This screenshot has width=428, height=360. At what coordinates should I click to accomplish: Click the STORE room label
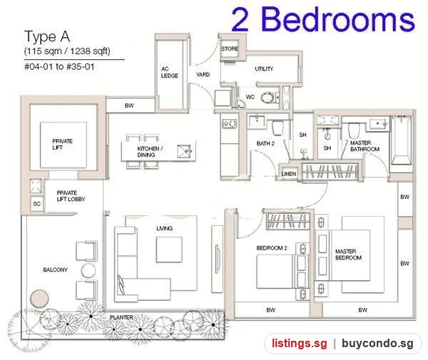pos(230,48)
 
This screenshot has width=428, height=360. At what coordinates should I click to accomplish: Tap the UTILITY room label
pos(264,68)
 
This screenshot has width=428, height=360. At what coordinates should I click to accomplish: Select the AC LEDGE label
pos(170,72)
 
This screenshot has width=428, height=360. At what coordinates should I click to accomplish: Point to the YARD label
pos(203,74)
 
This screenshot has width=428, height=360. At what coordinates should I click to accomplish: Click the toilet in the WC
pos(268,98)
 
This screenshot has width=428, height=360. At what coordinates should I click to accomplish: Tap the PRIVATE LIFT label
pos(63,144)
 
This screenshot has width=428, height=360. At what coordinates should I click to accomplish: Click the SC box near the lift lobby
pos(37,204)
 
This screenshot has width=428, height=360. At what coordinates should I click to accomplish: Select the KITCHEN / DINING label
pos(150,152)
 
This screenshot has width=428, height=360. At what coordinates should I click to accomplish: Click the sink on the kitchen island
pos(185,151)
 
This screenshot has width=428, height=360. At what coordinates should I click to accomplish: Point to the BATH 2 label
pos(265,143)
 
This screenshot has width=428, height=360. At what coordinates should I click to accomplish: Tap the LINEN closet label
pos(288,174)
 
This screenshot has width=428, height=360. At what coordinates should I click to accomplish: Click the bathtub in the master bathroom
pos(401,140)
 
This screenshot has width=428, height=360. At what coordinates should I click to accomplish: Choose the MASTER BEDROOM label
pos(349,254)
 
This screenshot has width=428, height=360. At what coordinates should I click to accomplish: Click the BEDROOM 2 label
pos(272,248)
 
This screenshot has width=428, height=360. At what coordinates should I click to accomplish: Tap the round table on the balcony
pos(88,271)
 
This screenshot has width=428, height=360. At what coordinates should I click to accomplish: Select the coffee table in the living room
pos(169,250)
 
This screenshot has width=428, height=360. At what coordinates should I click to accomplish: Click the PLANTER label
pos(121,317)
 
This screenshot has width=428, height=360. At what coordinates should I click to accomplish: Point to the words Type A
pos(47,37)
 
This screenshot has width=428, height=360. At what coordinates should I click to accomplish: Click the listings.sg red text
pos(300,343)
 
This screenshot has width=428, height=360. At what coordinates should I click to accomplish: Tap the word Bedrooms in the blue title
pos(338,19)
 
